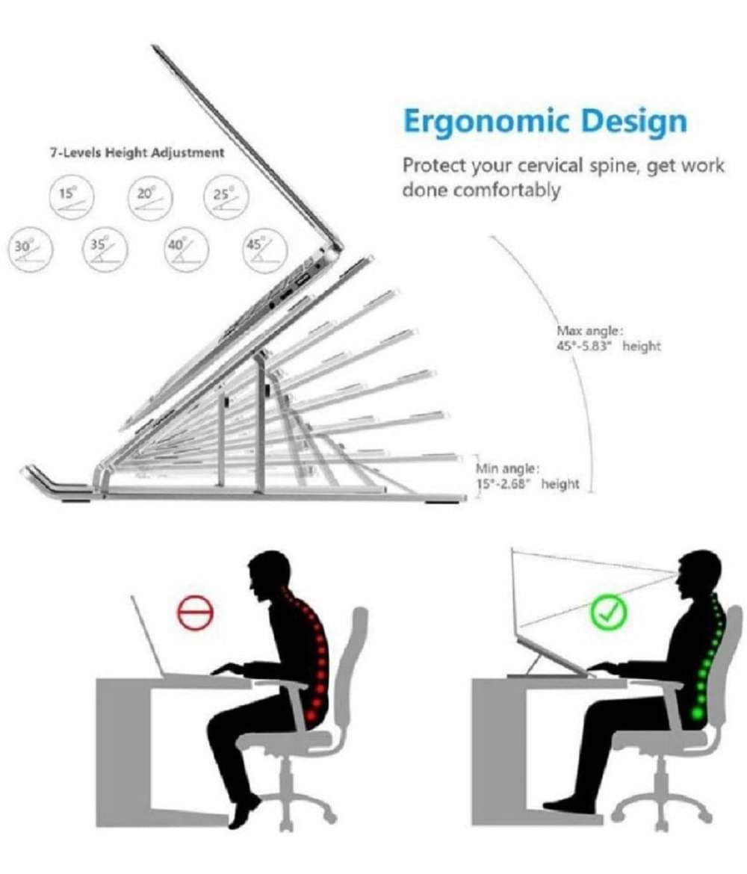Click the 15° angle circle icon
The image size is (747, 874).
click(x=71, y=197)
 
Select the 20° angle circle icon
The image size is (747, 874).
click(x=150, y=197)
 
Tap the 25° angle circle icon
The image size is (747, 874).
click(x=226, y=197)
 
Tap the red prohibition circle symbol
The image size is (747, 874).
click(x=195, y=612)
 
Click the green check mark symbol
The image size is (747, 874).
click(x=609, y=612)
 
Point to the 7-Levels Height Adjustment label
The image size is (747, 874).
click(x=137, y=152)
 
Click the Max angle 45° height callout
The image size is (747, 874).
click(x=608, y=339)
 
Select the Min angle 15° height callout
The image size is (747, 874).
click(x=527, y=477)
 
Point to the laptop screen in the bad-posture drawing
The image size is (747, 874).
click(x=147, y=636)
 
